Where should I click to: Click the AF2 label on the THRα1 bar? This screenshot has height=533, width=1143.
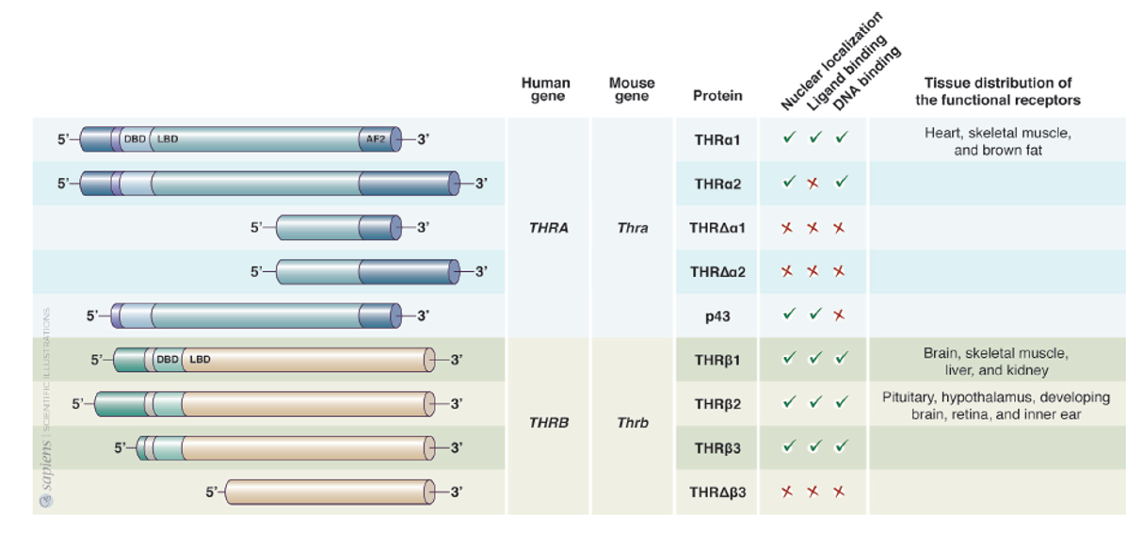pos(375,140)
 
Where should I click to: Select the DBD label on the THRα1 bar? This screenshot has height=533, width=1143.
pos(136,140)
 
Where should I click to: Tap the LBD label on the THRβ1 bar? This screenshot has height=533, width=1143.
pos(201,359)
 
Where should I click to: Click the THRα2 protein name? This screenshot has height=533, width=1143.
pos(717,185)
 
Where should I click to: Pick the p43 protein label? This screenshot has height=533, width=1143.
pos(717,316)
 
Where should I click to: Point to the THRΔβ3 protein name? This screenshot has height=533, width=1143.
pos(717,492)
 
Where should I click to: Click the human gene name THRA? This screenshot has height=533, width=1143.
pos(549,228)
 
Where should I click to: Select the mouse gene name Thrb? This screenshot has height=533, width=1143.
pos(633,424)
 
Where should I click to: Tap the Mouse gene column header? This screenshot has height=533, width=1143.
pos(632,89)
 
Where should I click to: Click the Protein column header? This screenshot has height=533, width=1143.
pos(717,95)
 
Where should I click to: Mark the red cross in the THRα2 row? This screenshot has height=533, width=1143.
pos(813,184)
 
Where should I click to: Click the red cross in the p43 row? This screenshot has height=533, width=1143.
pos(838,315)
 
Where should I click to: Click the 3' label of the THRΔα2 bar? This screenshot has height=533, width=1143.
pos(479,272)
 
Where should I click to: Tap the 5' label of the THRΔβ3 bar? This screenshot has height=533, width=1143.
pos(212,491)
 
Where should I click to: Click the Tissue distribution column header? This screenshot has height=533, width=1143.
pos(997,91)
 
